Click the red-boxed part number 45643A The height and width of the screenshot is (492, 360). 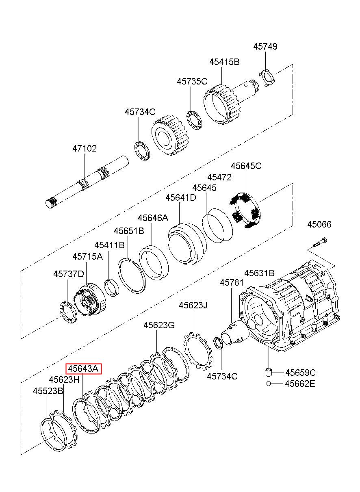click(x=84, y=368)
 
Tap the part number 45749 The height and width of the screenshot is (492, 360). click(x=265, y=47)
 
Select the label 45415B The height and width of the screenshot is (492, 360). click(x=224, y=62)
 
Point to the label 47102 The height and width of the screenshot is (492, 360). click(x=85, y=149)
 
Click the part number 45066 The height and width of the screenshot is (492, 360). click(x=319, y=225)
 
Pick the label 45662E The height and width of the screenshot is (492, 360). click(x=300, y=384)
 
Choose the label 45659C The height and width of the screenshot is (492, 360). click(x=301, y=373)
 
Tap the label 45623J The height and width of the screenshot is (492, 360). click(x=193, y=305)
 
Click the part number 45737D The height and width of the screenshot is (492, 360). click(x=69, y=274)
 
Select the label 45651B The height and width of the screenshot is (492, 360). click(x=129, y=231)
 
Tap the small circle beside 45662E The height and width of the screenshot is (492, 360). click(x=269, y=384)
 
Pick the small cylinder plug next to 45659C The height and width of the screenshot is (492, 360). click(x=269, y=372)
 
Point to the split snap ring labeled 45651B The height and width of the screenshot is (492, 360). click(x=132, y=275)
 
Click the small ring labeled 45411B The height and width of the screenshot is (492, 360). click(x=112, y=288)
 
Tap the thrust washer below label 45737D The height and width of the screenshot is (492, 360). click(x=68, y=313)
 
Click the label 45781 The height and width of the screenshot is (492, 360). click(x=232, y=283)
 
